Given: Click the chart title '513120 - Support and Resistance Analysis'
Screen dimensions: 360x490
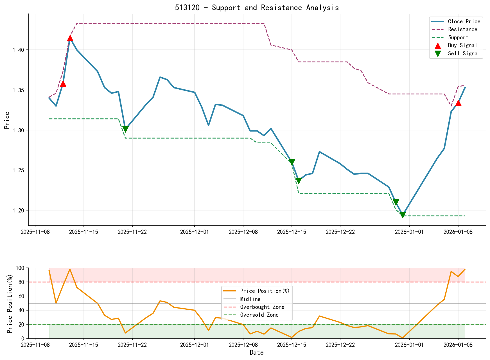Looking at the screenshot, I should click(257, 8).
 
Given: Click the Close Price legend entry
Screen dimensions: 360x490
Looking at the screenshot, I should click(464, 22).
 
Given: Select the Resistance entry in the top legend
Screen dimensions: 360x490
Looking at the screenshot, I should click(462, 30).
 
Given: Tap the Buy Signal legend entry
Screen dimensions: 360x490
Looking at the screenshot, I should click(462, 46).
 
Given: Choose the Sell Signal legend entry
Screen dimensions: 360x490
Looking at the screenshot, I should click(464, 54).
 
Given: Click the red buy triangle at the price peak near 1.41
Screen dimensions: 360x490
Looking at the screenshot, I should click(70, 38).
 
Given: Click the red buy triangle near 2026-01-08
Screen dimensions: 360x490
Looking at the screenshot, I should click(458, 103).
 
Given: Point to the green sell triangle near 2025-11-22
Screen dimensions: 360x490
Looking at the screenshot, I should click(126, 129).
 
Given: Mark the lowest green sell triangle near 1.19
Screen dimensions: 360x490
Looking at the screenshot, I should click(403, 215).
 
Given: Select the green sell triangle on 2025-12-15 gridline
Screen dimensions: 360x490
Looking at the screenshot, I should click(292, 162).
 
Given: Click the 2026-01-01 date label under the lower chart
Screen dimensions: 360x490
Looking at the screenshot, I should click(410, 345).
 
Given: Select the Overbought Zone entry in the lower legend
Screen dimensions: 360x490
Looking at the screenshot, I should click(262, 307).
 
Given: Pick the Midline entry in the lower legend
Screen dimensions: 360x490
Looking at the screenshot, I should click(250, 299).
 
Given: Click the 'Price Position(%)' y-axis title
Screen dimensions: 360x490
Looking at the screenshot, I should click(10, 303).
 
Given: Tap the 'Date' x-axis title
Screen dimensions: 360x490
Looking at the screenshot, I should click(257, 352).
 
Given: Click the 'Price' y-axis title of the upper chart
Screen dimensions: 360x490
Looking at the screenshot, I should click(7, 120).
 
